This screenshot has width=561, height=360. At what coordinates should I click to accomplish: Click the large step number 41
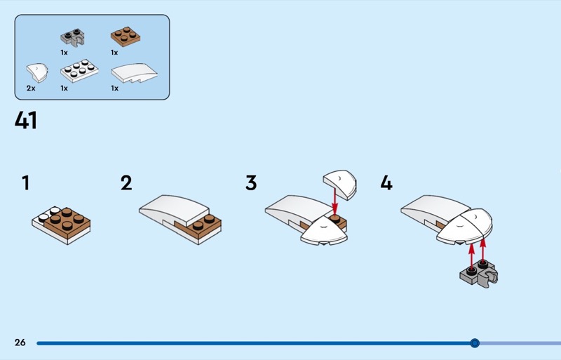(26, 121)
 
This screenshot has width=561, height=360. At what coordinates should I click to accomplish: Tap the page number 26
(20, 342)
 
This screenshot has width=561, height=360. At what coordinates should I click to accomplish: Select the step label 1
(26, 184)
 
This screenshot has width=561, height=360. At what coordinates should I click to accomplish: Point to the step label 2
(126, 184)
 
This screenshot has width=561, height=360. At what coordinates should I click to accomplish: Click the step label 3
(251, 184)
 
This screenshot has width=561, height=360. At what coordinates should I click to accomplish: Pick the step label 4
(386, 184)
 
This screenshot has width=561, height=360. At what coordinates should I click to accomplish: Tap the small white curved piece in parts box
(35, 72)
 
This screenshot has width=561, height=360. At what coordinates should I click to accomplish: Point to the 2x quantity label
(30, 89)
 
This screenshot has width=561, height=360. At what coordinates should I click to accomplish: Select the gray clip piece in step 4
(479, 274)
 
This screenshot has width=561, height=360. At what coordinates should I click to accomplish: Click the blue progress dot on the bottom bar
(475, 343)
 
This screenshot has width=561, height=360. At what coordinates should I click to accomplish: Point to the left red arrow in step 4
(471, 253)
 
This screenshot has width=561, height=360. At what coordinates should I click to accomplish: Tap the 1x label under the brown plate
(114, 53)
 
